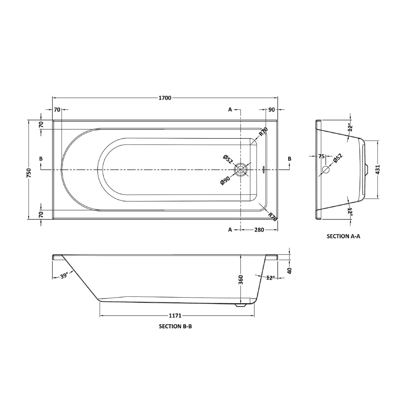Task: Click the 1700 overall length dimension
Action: (x=165, y=98)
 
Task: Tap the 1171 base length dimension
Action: (x=175, y=316)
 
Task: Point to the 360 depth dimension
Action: (x=241, y=280)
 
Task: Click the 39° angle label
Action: (x=64, y=276)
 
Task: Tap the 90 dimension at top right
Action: (x=272, y=110)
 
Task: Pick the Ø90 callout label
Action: (x=225, y=181)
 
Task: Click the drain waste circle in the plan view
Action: (x=241, y=169)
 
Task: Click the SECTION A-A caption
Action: (x=343, y=236)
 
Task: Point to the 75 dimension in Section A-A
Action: (x=321, y=156)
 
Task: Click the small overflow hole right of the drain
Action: (x=263, y=170)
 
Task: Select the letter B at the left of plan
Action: (x=41, y=159)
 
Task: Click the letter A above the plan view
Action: (x=230, y=109)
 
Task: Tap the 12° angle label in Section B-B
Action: (x=270, y=278)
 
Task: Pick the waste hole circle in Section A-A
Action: (x=325, y=169)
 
